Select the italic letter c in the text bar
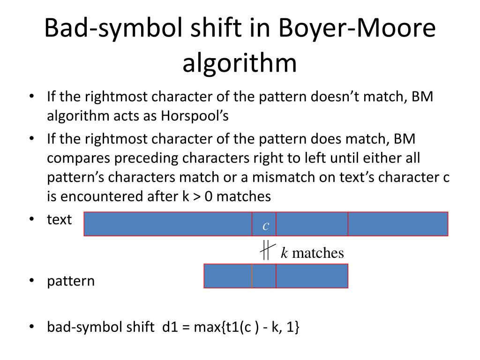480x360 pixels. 265,225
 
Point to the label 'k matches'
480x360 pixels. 312,253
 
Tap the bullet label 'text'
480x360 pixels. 60,219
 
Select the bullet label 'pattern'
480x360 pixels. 71,281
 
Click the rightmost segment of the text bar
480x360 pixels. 398,224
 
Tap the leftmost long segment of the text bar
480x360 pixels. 168,224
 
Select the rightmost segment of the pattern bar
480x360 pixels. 312,276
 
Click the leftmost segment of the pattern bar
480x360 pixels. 228,276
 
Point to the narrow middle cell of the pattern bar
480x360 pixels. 264,276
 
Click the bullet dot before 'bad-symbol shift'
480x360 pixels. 32,327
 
